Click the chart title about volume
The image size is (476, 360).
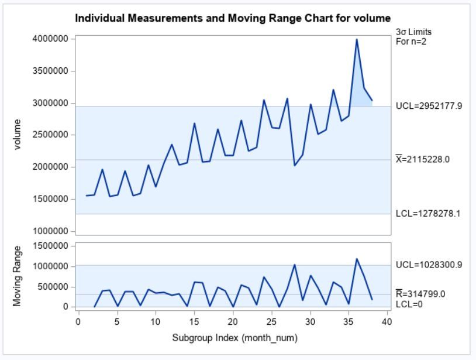click(x=233, y=19)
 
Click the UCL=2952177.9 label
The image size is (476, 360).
click(x=429, y=107)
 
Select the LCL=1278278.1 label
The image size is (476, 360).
click(x=428, y=214)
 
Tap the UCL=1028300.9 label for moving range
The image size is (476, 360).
click(x=429, y=265)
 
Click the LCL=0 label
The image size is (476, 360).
click(x=409, y=304)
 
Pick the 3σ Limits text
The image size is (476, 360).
click(x=413, y=32)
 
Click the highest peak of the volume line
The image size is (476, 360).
click(x=357, y=39)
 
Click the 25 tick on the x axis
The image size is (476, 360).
click(x=271, y=321)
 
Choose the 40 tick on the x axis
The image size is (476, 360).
click(x=387, y=321)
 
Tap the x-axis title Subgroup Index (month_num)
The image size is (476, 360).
click(x=234, y=338)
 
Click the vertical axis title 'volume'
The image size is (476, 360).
click(x=17, y=135)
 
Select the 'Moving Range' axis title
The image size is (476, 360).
click(x=17, y=276)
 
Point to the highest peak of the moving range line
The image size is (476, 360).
click(x=357, y=259)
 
